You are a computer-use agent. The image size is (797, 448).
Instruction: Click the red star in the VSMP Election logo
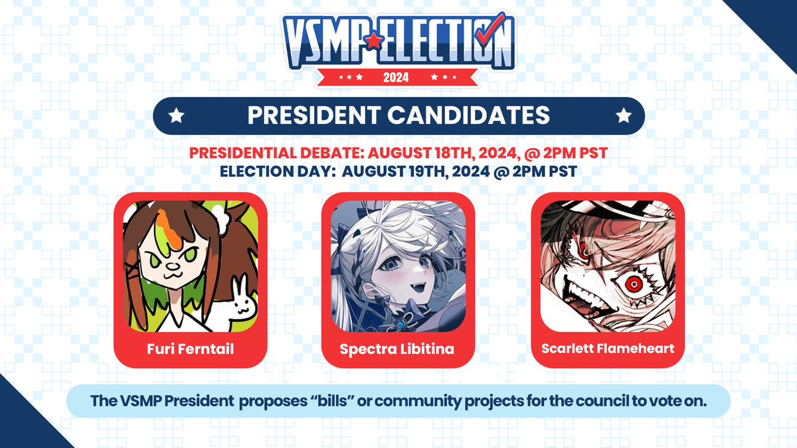[x=373, y=40]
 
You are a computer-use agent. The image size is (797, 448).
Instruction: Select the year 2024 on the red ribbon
[x=396, y=77]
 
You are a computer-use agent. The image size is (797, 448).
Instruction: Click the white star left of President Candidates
[x=177, y=115]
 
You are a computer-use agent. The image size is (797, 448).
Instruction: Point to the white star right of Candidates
[x=624, y=115]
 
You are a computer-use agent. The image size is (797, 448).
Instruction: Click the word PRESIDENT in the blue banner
[x=313, y=115]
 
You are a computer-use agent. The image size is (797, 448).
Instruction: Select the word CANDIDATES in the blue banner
[x=469, y=115]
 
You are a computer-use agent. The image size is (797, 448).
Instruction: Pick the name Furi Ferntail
[x=191, y=349]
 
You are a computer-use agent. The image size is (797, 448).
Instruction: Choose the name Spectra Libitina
[x=397, y=349]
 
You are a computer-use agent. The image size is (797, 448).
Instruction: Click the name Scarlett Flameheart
[x=608, y=348]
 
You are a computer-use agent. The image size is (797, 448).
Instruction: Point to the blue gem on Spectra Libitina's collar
[x=402, y=325]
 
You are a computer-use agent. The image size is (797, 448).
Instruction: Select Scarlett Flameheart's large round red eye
[x=634, y=284]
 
